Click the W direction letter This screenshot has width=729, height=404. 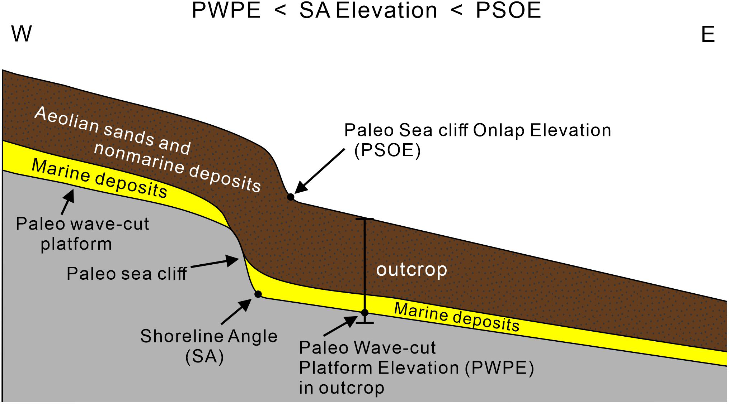click(x=22, y=34)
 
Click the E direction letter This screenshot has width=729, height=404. click(x=708, y=35)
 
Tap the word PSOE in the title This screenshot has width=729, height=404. click(x=508, y=11)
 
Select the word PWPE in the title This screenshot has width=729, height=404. click(x=226, y=11)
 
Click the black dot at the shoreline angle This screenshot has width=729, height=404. click(x=258, y=294)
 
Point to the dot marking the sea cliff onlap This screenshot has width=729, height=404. click(x=291, y=197)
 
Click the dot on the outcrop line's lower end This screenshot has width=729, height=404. click(x=365, y=313)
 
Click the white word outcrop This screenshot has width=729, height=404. click(x=411, y=269)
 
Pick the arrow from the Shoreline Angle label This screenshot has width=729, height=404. click(x=236, y=312)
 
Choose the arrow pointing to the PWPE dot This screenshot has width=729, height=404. click(x=341, y=326)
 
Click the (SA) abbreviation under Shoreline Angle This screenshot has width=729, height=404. click(x=204, y=357)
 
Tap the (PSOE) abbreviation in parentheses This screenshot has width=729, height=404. click(x=387, y=150)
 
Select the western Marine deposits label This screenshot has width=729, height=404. click(x=100, y=178)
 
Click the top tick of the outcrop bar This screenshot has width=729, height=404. click(x=365, y=218)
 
